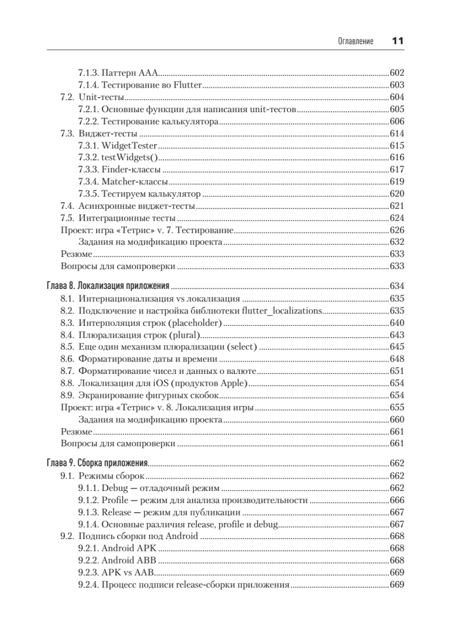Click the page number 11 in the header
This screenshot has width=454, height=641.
397,41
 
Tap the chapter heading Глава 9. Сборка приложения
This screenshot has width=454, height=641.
98,463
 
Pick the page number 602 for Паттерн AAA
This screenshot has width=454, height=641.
397,73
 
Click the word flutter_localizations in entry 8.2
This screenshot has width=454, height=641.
282,311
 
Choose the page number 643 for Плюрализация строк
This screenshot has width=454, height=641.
397,335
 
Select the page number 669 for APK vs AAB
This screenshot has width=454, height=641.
397,573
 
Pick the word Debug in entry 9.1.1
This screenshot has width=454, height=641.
113,488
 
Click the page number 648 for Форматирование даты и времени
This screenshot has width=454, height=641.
397,359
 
